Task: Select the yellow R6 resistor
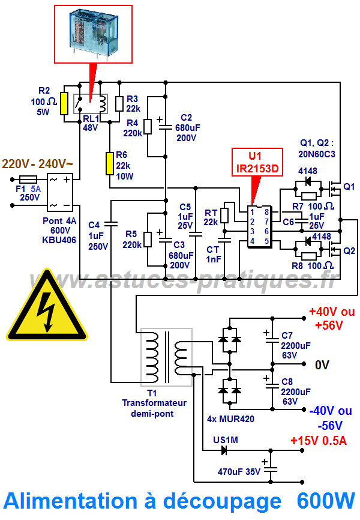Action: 109,163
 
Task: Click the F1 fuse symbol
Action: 29,178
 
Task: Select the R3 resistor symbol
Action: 119,103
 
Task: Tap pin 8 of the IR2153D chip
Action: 266,211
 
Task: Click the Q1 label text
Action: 349,187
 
